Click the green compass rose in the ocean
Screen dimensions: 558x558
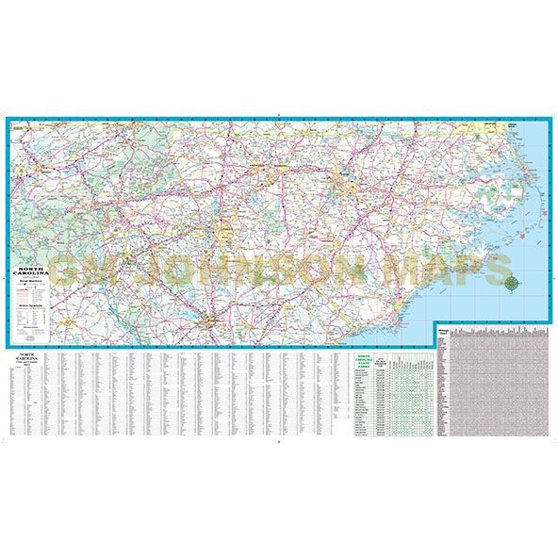511,280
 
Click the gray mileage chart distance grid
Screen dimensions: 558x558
500,386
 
